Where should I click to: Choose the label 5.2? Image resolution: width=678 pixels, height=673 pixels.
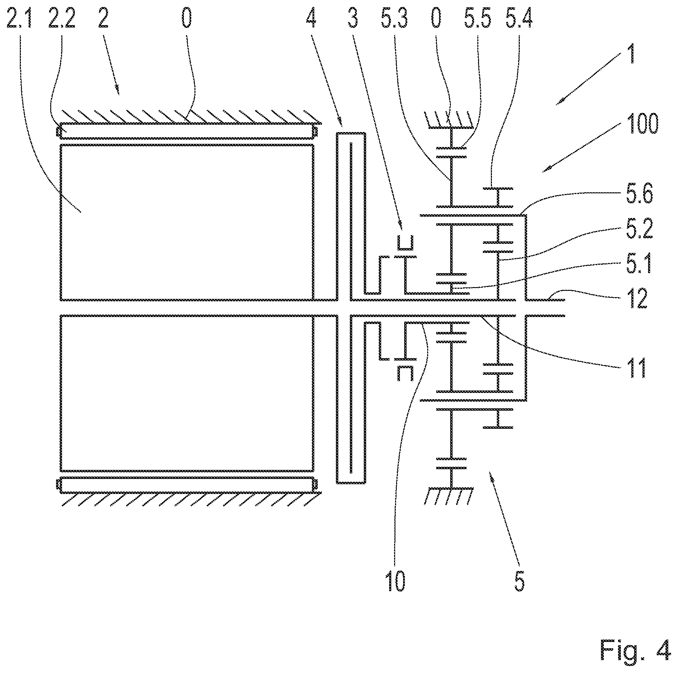click(x=639, y=229)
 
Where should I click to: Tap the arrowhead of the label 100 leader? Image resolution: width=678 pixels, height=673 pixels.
click(x=546, y=170)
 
